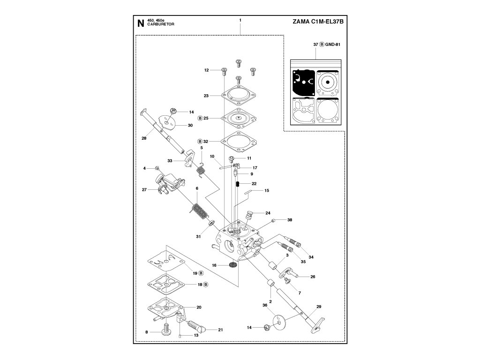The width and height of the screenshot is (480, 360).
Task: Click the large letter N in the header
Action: (x=140, y=23)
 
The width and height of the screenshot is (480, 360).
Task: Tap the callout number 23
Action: (x=206, y=96)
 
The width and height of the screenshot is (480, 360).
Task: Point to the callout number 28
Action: (x=144, y=138)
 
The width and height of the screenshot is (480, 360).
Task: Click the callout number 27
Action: (x=144, y=190)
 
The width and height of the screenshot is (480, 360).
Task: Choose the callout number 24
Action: (x=268, y=212)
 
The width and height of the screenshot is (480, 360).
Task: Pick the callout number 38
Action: (x=290, y=220)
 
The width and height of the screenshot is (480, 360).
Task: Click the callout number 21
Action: (x=220, y=330)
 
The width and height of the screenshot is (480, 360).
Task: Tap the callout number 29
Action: (x=319, y=307)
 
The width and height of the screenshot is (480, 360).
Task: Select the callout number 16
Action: (x=214, y=265)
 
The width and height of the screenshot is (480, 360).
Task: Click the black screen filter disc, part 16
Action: (x=232, y=265)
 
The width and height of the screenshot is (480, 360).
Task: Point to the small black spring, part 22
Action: (x=238, y=184)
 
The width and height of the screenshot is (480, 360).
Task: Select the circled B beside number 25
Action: (x=200, y=118)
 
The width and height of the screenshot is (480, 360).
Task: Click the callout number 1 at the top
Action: (x=240, y=20)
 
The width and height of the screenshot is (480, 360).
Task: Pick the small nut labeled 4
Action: (x=158, y=168)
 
